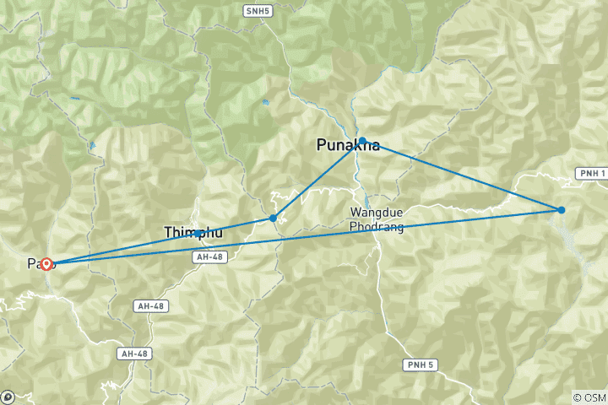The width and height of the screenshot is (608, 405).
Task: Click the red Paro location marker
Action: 47,264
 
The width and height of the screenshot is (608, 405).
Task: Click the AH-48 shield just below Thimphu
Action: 211,256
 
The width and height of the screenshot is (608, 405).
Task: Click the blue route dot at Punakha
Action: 362,141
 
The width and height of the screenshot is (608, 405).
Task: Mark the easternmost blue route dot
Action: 561,209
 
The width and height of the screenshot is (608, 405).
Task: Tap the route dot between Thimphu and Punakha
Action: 273,219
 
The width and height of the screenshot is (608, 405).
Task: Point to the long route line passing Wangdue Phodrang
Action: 338,233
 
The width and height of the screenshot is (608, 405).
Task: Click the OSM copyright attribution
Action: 589,397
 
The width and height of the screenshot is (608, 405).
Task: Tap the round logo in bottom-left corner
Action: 8,397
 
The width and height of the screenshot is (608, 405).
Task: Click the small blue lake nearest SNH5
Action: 265,102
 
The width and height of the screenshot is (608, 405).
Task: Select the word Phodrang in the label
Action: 377,228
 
